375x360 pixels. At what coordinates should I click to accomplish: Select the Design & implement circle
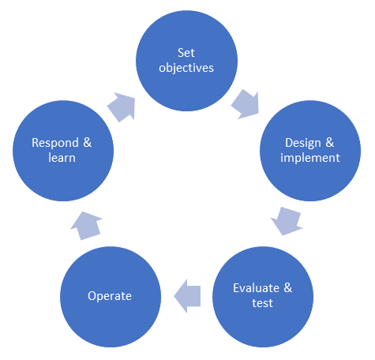(x=312, y=150)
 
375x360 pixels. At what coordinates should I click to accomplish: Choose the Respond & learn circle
(x=61, y=150)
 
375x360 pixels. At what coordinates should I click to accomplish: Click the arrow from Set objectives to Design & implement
(x=246, y=103)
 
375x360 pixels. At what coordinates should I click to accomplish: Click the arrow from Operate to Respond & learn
(x=84, y=223)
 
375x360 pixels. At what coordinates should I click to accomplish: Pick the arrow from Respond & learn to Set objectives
(x=122, y=105)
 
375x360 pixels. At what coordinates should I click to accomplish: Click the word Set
(x=186, y=52)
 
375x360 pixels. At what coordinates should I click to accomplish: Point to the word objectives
(x=186, y=67)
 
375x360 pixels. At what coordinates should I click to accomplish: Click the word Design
(x=303, y=143)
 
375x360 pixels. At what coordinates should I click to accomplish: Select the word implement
(x=312, y=157)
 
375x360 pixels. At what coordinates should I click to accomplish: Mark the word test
(x=263, y=302)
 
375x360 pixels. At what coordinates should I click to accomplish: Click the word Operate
(x=109, y=295)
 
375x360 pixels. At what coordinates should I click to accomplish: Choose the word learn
(x=61, y=157)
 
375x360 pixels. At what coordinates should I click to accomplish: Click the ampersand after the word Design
(x=329, y=143)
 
